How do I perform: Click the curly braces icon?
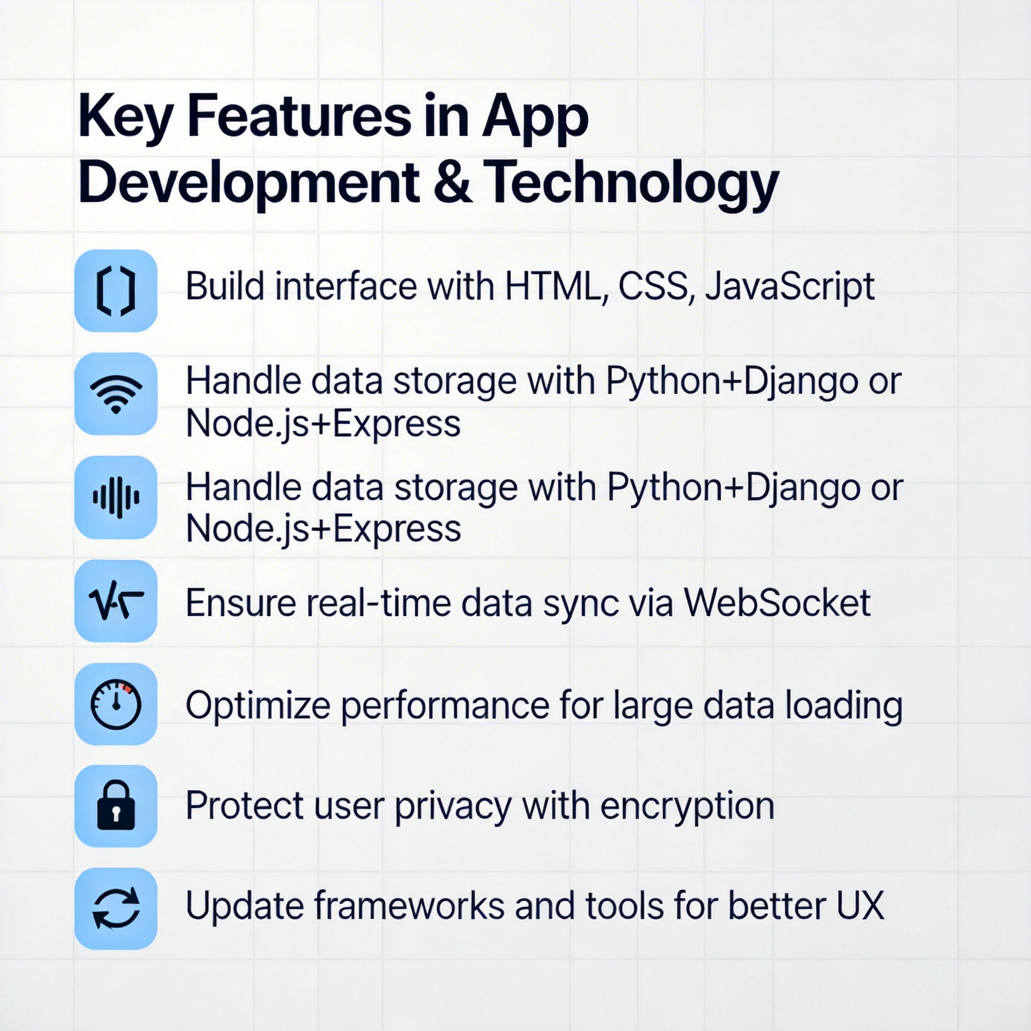pos(116,291)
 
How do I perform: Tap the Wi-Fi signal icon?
pos(116,394)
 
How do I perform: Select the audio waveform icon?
pos(116,497)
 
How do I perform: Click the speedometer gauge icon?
pos(116,704)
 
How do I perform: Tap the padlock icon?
pos(116,806)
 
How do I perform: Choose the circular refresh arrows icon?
pos(116,909)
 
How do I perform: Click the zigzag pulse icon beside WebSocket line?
pos(116,602)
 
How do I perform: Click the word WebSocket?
pos(777,603)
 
